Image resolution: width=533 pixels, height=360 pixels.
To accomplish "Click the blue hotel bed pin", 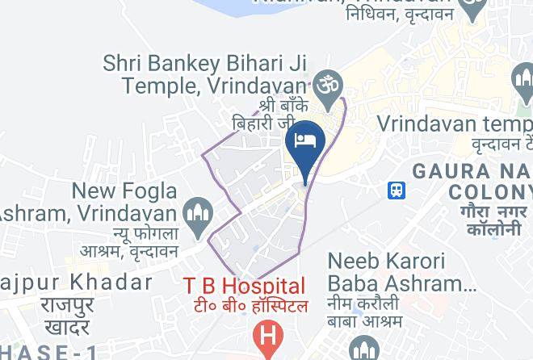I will click(x=305, y=141).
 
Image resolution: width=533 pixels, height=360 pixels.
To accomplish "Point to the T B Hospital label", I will click(x=245, y=286).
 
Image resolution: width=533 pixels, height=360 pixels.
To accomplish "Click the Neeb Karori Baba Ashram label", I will click(x=397, y=273).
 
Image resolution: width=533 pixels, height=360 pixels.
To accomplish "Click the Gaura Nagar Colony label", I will click(x=472, y=182).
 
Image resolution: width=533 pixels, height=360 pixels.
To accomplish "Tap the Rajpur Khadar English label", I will click(x=77, y=283).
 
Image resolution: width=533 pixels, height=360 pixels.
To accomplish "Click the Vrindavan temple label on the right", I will click(x=455, y=125).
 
